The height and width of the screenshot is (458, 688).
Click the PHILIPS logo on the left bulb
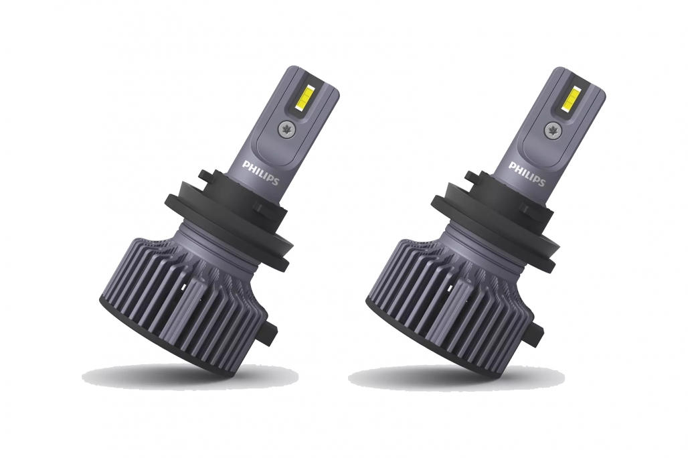[260, 173]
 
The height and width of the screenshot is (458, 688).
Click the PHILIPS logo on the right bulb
[527, 174]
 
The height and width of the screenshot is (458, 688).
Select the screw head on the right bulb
[553, 129]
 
